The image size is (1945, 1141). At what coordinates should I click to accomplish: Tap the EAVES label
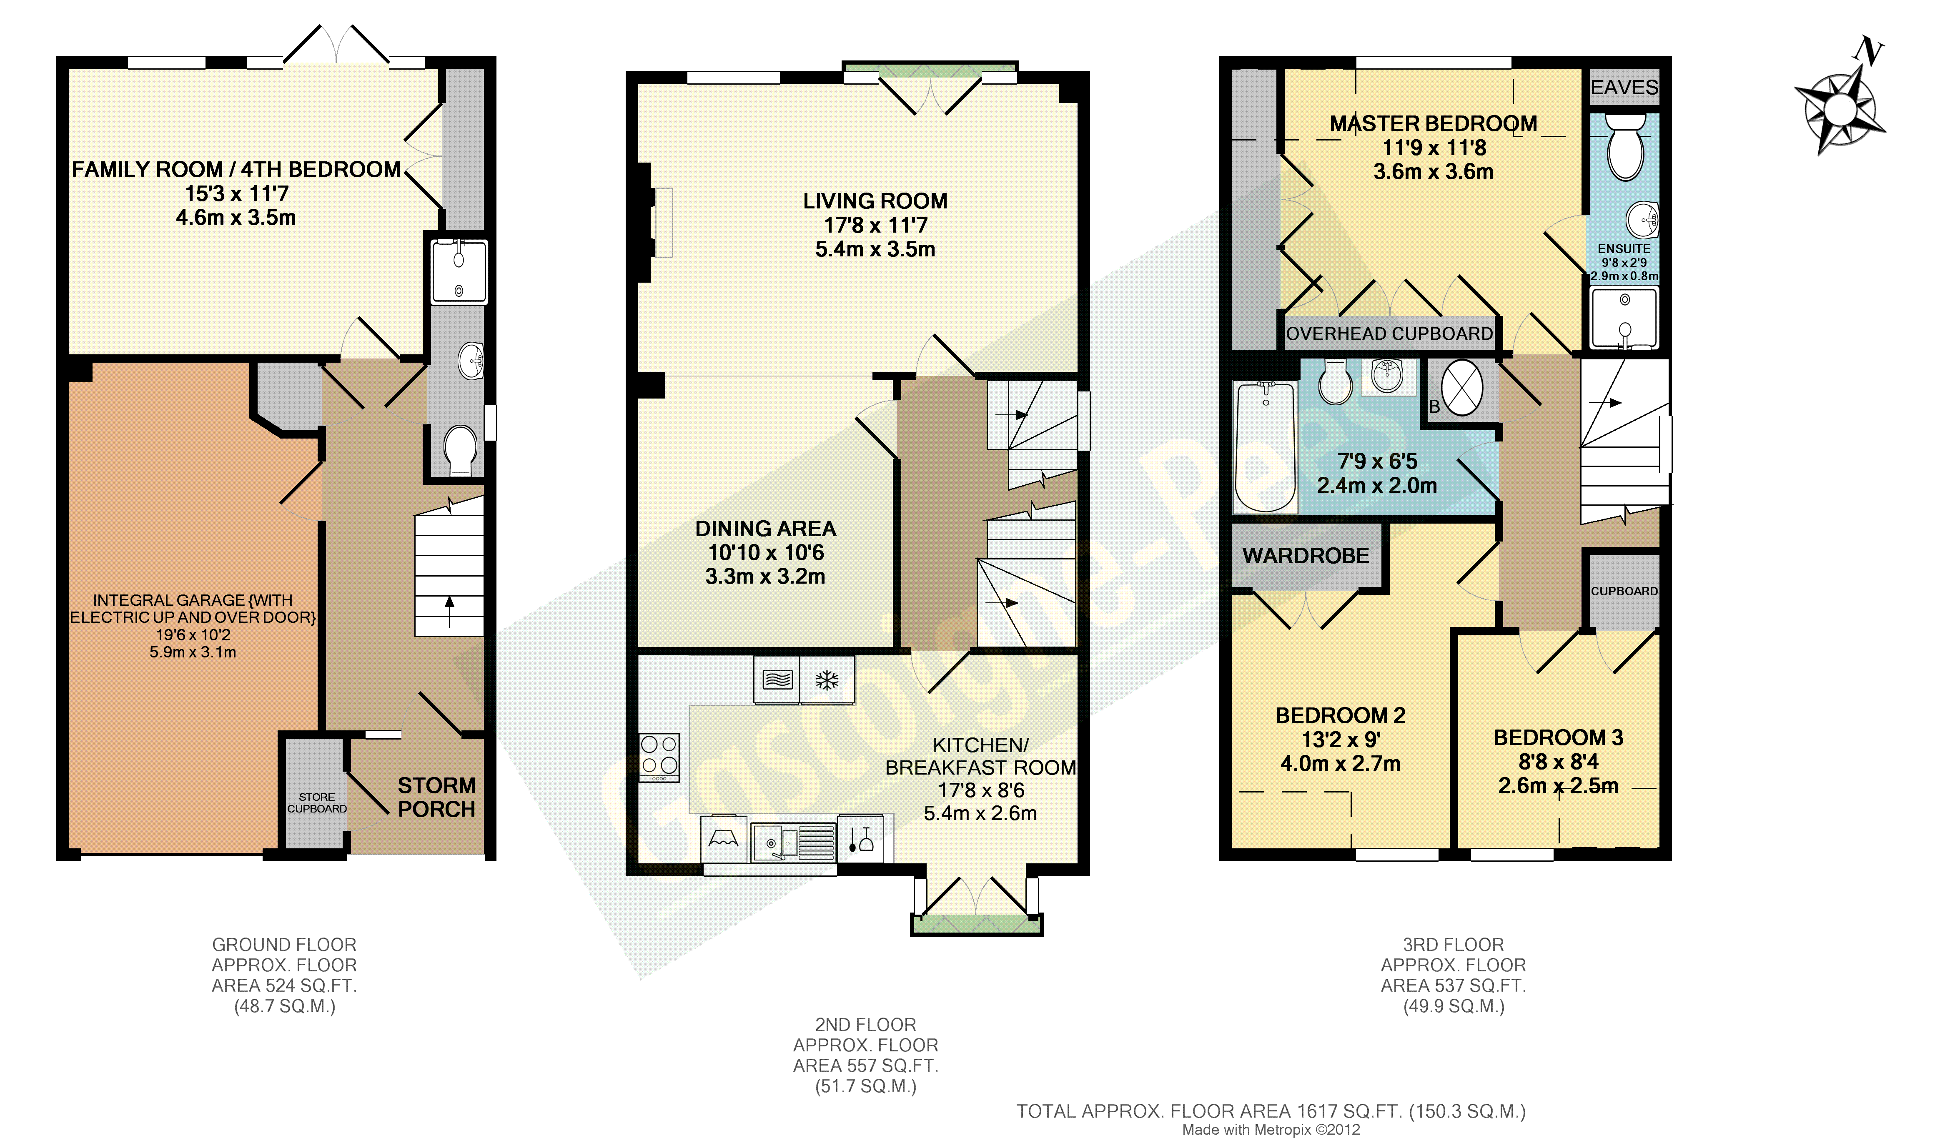(1624, 87)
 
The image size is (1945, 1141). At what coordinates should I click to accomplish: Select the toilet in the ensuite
(1625, 147)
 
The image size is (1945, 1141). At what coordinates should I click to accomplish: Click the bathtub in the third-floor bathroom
(1266, 448)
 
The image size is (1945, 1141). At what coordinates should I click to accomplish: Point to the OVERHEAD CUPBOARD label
(1389, 334)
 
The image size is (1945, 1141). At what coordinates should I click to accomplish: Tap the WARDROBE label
(1306, 556)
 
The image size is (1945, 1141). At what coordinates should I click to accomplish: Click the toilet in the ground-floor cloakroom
(460, 451)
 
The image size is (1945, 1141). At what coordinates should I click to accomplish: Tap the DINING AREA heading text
(766, 529)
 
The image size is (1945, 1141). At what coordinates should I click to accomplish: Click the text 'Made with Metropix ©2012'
(1271, 1129)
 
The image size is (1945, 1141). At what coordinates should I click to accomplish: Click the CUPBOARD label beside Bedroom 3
(1624, 591)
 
